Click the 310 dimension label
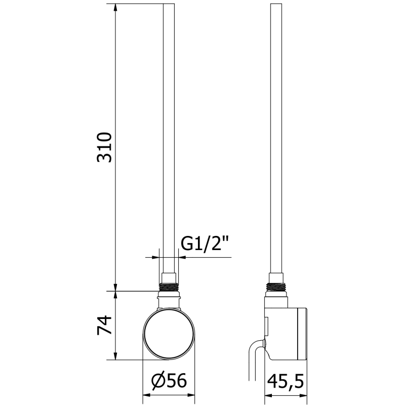104,147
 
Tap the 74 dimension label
104,325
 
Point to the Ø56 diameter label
169,381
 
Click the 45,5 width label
286,382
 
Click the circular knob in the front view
169,334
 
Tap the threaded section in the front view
169,287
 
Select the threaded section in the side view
276,287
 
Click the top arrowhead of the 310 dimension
115,8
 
